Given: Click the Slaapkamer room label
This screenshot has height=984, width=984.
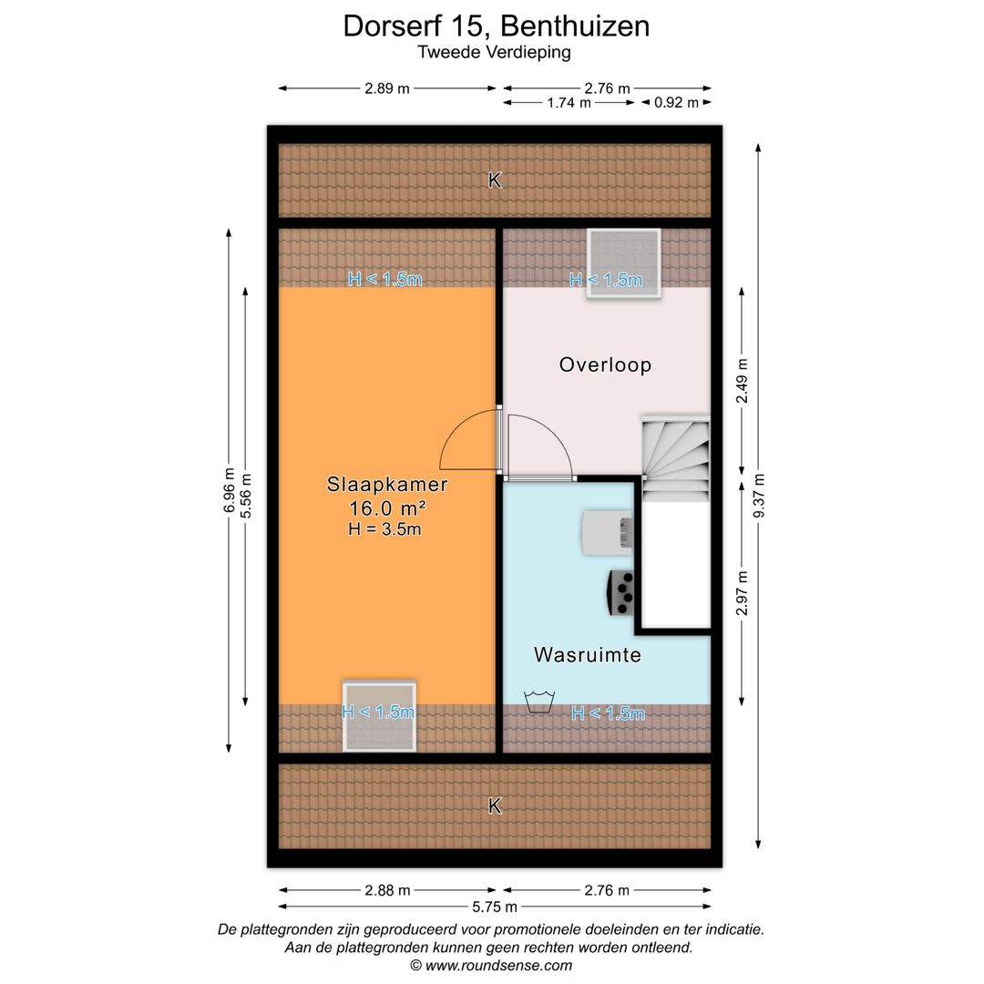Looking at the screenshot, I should pyautogui.click(x=387, y=485).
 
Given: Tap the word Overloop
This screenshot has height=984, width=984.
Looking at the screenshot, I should pyautogui.click(x=605, y=365).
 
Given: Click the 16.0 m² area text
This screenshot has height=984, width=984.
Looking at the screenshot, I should pyautogui.click(x=387, y=507).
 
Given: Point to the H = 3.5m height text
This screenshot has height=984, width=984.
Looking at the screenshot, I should pyautogui.click(x=384, y=528).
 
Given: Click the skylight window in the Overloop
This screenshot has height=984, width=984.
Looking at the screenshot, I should pyautogui.click(x=623, y=258).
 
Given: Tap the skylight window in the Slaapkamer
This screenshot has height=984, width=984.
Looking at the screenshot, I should pyautogui.click(x=379, y=715).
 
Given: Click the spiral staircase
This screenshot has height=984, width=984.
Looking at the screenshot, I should pyautogui.click(x=675, y=459).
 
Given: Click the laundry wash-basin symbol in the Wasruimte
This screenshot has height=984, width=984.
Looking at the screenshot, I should pyautogui.click(x=540, y=702).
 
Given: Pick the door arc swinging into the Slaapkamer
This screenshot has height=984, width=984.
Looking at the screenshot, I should pyautogui.click(x=466, y=444).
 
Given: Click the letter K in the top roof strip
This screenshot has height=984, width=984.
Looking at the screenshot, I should pyautogui.click(x=495, y=180).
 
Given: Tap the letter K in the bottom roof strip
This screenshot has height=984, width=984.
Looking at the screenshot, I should pyautogui.click(x=495, y=806).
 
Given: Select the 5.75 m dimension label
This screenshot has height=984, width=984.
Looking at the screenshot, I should pyautogui.click(x=494, y=907).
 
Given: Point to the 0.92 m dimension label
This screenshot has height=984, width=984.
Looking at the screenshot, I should pyautogui.click(x=676, y=103).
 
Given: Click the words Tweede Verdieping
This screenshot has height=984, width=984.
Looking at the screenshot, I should pyautogui.click(x=494, y=52).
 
